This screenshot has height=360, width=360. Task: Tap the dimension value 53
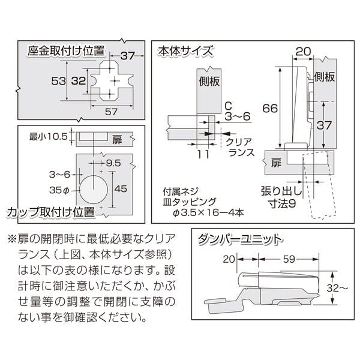[x=57, y=80]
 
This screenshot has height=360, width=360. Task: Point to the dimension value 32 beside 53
[x=77, y=80]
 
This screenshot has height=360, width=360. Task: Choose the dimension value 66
[x=270, y=108]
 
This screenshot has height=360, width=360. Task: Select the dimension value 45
[x=120, y=189]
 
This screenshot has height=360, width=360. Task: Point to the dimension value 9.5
[x=114, y=162]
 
